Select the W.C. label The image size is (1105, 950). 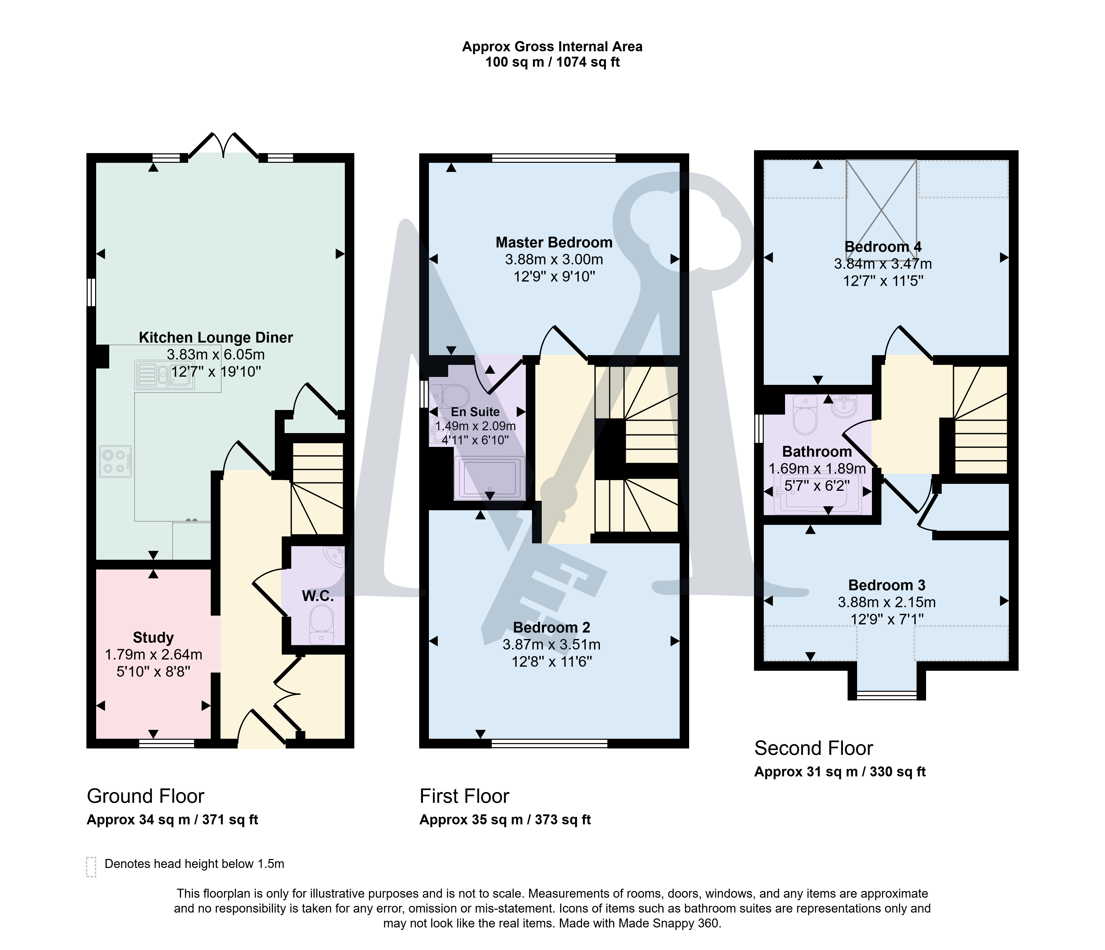(x=318, y=596)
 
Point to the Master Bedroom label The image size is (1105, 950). (x=554, y=243)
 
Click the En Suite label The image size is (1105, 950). (x=475, y=412)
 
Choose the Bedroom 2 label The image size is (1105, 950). (x=551, y=627)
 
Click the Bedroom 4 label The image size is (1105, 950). (x=883, y=247)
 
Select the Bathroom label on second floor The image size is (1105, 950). (x=817, y=452)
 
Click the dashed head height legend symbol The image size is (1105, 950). (x=91, y=867)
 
